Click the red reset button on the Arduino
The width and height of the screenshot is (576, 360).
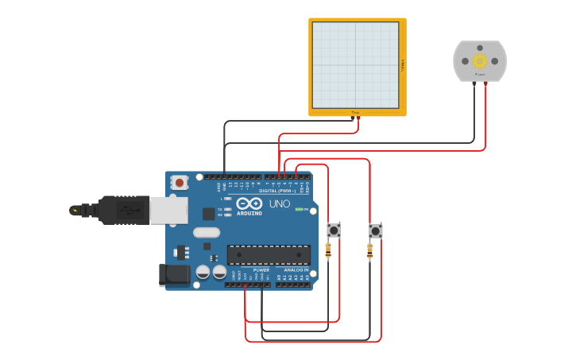[180, 183]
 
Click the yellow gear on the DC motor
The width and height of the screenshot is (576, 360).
[479, 61]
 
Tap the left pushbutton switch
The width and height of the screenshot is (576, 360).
[334, 230]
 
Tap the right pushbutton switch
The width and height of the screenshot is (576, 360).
[375, 231]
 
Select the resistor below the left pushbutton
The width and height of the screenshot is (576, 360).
[329, 251]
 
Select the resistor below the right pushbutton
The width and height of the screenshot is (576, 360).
[369, 252]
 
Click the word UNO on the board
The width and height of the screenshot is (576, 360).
[280, 204]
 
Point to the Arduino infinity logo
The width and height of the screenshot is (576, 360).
[249, 203]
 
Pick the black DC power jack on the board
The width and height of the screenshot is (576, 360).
[174, 275]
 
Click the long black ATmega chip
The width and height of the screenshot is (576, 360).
[269, 254]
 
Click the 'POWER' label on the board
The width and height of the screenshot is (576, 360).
[261, 270]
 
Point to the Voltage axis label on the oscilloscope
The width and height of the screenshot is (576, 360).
[402, 65]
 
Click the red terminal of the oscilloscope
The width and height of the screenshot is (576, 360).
[358, 118]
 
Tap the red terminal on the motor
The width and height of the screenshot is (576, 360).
[485, 82]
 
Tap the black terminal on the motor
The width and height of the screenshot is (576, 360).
[474, 82]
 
